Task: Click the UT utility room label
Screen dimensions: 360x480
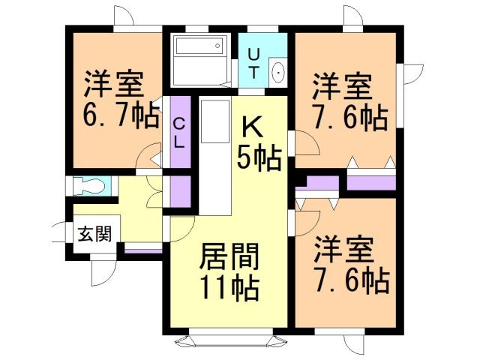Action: [x=255, y=63]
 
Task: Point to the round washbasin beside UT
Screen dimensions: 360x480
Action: [x=278, y=73]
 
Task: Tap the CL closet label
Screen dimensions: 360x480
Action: [x=180, y=132]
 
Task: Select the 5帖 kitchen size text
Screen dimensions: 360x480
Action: [x=259, y=157]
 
